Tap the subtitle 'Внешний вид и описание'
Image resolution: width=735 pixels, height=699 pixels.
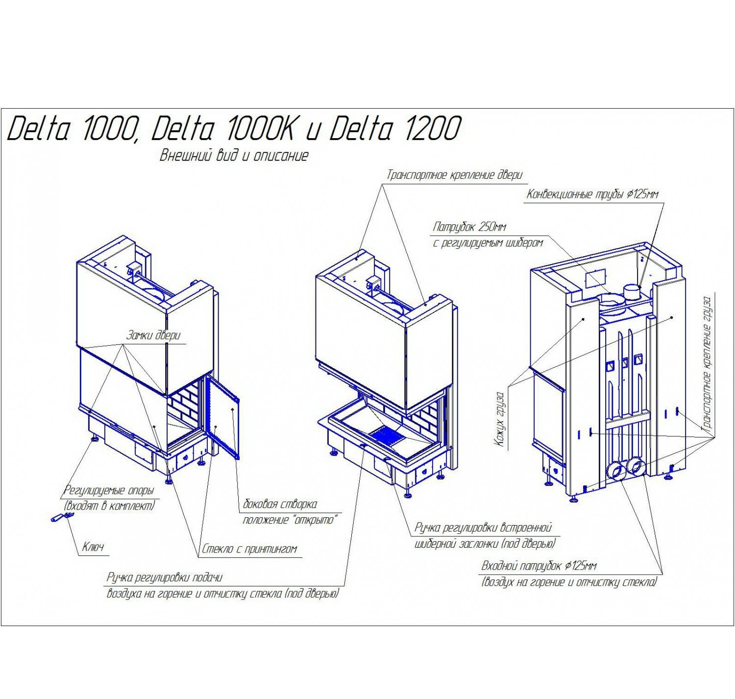[x=234, y=155]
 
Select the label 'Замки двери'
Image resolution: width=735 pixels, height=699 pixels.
[x=153, y=335]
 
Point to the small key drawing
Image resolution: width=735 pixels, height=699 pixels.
[x=62, y=517]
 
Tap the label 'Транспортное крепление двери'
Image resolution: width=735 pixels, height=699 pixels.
[x=454, y=175]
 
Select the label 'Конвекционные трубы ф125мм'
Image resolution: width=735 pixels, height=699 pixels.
[x=592, y=194]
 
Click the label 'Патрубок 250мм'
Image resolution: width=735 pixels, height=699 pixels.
[x=469, y=227]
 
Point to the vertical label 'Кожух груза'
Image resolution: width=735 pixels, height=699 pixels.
[x=499, y=419]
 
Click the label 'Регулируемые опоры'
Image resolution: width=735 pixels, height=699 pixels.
[x=109, y=490]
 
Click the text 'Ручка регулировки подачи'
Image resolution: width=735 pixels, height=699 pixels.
[x=165, y=578]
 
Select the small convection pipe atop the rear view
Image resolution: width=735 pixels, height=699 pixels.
[x=632, y=291]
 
